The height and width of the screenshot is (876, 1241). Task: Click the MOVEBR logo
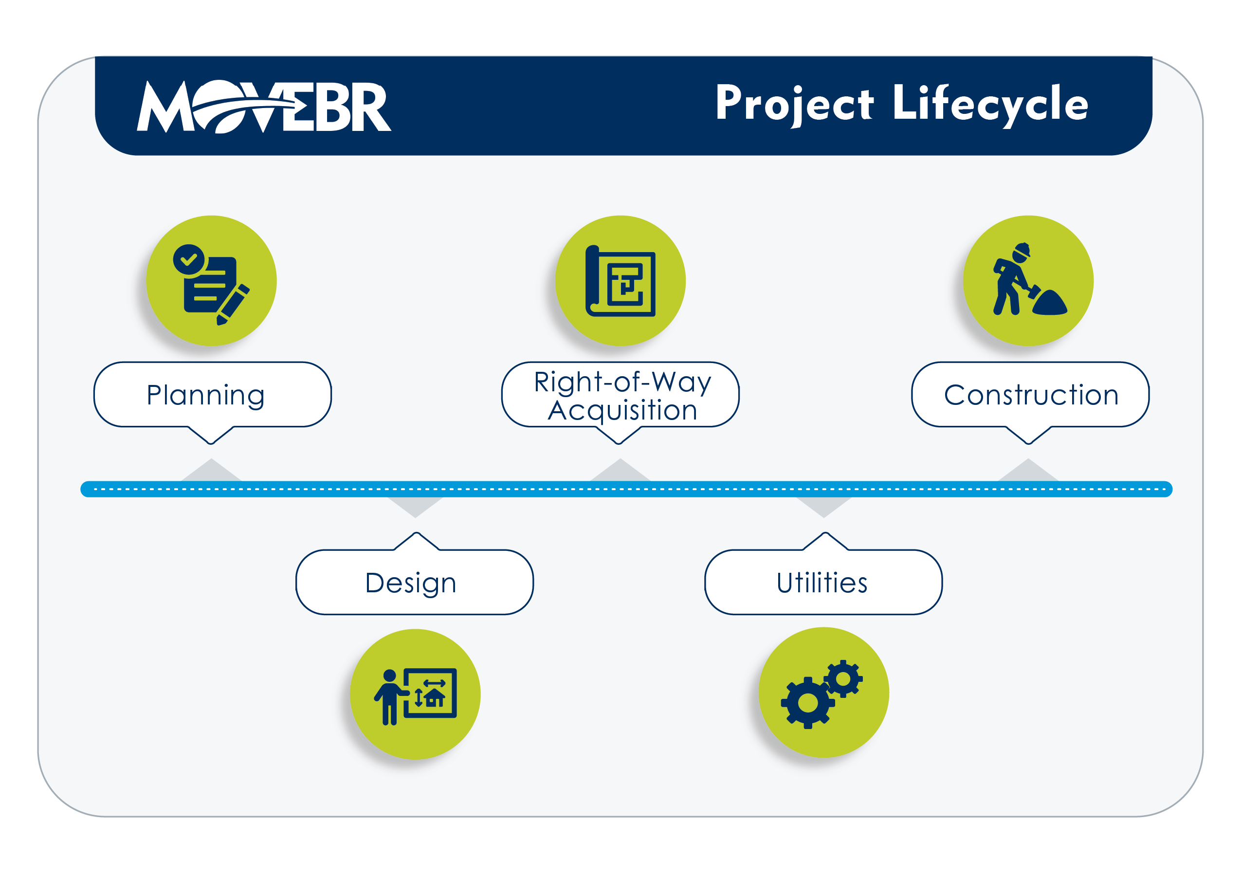coord(264,106)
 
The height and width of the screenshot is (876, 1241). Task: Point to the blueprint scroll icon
coord(620,280)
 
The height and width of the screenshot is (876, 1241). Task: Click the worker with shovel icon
coord(1030,279)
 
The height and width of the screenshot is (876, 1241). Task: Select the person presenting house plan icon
coord(415,696)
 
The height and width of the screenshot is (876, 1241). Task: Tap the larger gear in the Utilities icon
coord(807,703)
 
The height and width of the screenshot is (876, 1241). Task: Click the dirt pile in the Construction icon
coord(1050,303)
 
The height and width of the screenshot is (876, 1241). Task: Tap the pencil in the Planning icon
coord(233,305)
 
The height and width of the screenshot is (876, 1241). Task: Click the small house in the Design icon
coord(435,698)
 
